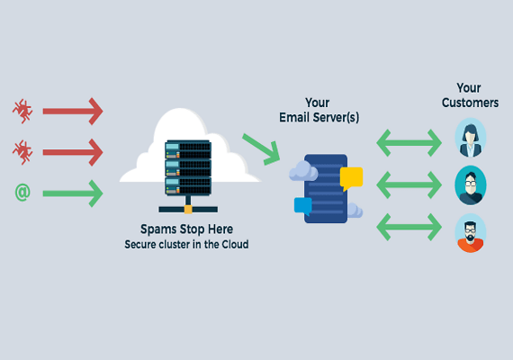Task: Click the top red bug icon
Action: pos(22,112)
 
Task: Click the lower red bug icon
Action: pos(22,152)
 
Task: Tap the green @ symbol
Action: pos(22,192)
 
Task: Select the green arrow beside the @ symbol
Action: pos(73,193)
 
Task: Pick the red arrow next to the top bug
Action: pos(73,112)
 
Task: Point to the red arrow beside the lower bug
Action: pos(73,152)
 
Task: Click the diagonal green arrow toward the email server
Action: pos(262,149)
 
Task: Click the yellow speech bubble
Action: pos(351,178)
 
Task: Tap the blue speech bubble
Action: pos(303,206)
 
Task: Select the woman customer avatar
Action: pos(471,138)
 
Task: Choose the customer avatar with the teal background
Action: pos(471,185)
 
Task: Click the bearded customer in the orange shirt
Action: pos(471,233)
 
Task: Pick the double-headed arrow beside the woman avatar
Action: pos(409,143)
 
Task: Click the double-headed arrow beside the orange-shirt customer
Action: pos(409,227)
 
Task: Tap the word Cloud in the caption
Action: pos(235,245)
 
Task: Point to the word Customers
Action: pos(470,103)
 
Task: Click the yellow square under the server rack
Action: pos(188,210)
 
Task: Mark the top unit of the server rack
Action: pos(188,149)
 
